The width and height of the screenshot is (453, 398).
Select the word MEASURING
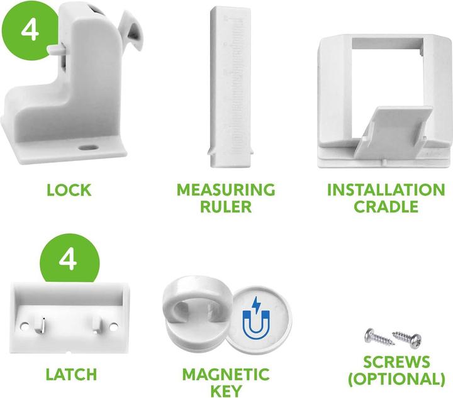tap(226, 190)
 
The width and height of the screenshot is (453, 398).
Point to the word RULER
tap(226, 206)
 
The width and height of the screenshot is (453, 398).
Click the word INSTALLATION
tap(386, 190)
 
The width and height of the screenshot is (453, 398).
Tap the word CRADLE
tap(386, 206)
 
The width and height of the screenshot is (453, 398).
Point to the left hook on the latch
tap(40, 323)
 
